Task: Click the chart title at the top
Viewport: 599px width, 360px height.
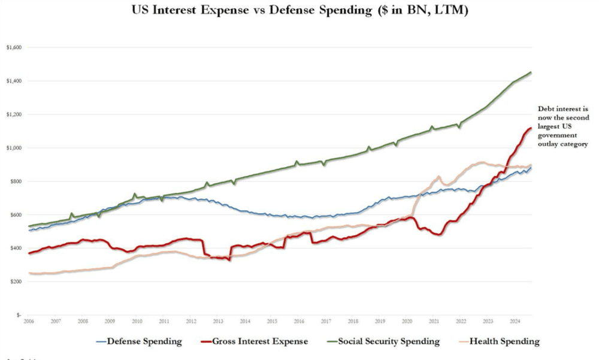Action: pos(299,11)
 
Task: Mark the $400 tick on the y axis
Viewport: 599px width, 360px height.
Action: pos(14,249)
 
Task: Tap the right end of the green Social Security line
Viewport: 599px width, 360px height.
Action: pos(531,72)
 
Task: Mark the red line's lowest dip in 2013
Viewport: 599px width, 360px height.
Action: pos(229,260)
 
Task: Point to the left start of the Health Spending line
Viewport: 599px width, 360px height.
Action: pos(29,273)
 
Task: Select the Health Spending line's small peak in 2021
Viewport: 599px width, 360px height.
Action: pos(438,177)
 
